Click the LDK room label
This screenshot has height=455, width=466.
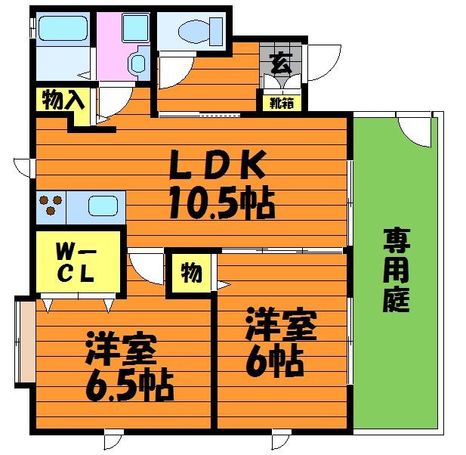tap(218, 163)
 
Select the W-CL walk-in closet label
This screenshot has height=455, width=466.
tap(76, 261)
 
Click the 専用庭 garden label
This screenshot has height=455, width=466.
tap(396, 270)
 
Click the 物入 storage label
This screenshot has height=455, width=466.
tap(61, 101)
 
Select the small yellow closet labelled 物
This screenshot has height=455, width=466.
tap(192, 272)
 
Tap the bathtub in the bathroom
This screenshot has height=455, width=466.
tap(63, 29)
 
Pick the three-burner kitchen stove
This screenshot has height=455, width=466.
tap(51, 206)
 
